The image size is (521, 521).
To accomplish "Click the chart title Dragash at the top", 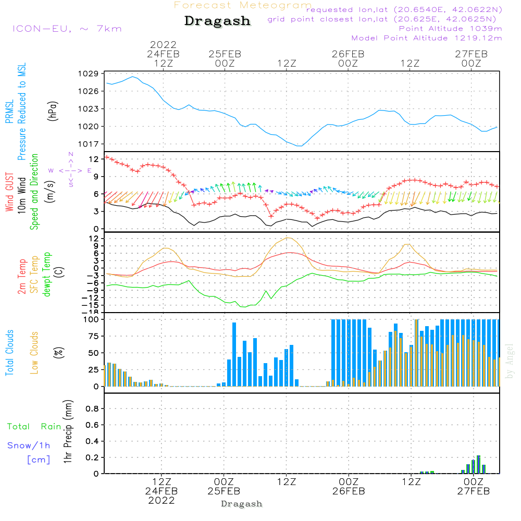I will click(x=217, y=21).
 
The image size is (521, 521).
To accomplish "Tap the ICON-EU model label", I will click(x=67, y=28).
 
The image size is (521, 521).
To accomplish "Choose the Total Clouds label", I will click(x=9, y=353).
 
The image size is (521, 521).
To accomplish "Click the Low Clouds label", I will click(x=34, y=353).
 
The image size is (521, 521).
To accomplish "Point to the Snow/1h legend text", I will click(x=29, y=445).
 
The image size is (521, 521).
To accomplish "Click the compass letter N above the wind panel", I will click(x=71, y=154).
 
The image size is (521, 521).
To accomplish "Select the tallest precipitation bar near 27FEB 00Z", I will click(x=478, y=464).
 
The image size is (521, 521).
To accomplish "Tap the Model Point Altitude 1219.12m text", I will click(x=427, y=38).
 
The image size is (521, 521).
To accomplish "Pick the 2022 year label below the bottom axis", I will click(x=162, y=500).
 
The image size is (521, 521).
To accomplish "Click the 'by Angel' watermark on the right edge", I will click(x=510, y=361).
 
